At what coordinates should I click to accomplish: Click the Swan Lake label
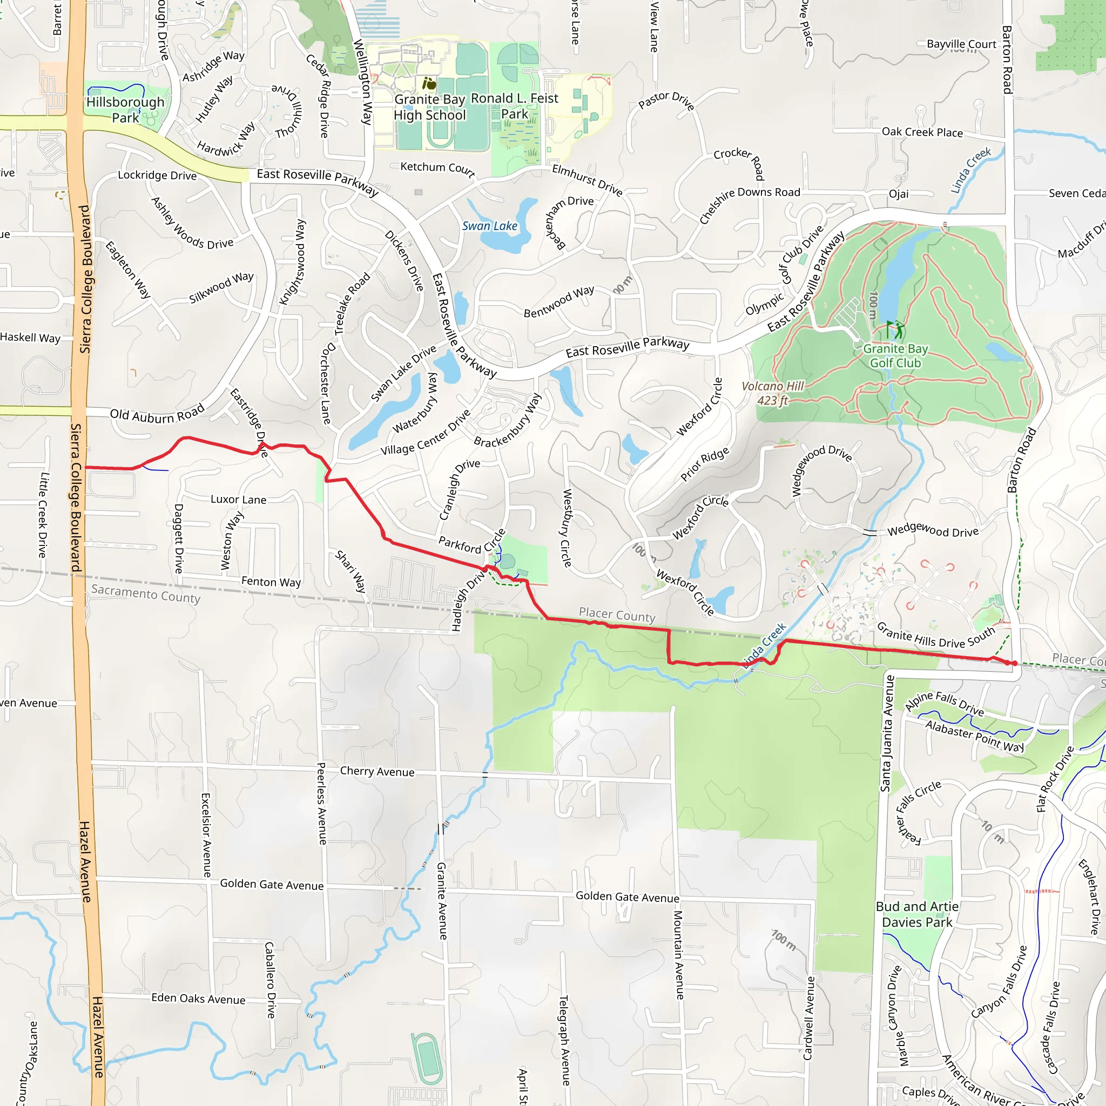pos(489,226)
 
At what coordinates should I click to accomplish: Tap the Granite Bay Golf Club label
pos(895,355)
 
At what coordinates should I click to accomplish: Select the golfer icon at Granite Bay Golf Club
pos(895,330)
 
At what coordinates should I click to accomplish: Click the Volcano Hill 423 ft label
pos(773,393)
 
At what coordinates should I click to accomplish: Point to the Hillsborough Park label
pos(125,110)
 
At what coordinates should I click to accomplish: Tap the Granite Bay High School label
pos(430,107)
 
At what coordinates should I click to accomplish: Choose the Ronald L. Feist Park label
pos(514,106)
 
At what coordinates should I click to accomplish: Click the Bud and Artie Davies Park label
pos(917,914)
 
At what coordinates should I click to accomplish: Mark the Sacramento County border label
pos(146,594)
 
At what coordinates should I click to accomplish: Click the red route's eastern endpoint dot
pos(1014,664)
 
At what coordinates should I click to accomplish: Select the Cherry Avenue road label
pos(377,771)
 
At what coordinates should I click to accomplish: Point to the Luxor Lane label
pos(238,499)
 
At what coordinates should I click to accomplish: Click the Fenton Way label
pos(271,582)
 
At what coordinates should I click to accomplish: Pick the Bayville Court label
pos(961,44)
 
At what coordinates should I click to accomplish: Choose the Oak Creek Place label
pos(922,132)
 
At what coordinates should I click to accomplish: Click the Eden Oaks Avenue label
pos(198,999)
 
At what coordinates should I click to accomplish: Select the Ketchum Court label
pos(437,168)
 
